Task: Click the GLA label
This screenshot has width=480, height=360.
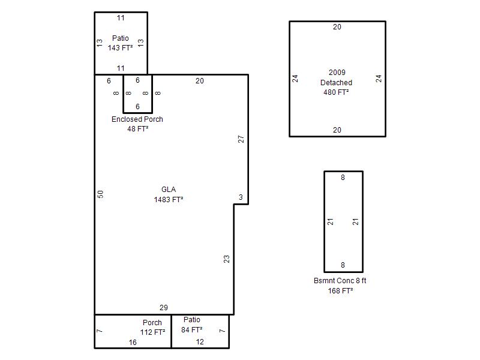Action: [x=169, y=190]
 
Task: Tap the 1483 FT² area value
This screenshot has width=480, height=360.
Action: [x=169, y=200]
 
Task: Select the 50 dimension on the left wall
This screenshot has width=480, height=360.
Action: [x=100, y=194]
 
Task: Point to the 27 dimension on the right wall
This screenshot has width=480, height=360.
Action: [x=241, y=139]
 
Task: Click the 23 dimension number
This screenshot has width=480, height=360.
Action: [x=226, y=259]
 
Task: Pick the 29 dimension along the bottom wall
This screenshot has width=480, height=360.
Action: [x=164, y=308]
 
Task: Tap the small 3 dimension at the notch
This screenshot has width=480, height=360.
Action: [x=241, y=197]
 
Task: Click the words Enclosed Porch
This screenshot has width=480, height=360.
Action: [x=137, y=119]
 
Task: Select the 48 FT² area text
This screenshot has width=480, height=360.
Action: [x=138, y=129]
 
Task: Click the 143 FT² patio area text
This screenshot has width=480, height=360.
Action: [x=121, y=48]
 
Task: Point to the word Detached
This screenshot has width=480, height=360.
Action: [x=336, y=83]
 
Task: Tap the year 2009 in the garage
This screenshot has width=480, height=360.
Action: [x=337, y=73]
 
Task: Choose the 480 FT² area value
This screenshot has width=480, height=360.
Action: [x=336, y=92]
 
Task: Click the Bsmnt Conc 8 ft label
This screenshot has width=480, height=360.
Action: [x=340, y=281]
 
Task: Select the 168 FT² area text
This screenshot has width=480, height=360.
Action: [x=340, y=291]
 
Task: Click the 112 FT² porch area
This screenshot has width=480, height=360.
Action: [x=153, y=332]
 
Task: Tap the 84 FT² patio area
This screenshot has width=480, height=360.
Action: [x=191, y=329]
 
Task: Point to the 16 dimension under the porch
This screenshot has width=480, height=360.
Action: [x=133, y=343]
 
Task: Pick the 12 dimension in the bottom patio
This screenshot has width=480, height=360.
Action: [x=200, y=342]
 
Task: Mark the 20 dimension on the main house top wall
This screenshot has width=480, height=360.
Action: [x=200, y=81]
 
